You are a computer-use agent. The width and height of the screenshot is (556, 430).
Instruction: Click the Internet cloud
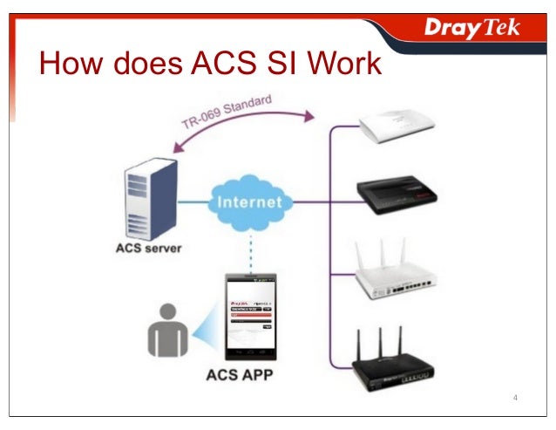click(249, 202)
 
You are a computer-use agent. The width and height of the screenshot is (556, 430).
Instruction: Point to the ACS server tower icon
click(146, 198)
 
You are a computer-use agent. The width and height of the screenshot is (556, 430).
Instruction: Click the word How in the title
click(69, 65)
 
